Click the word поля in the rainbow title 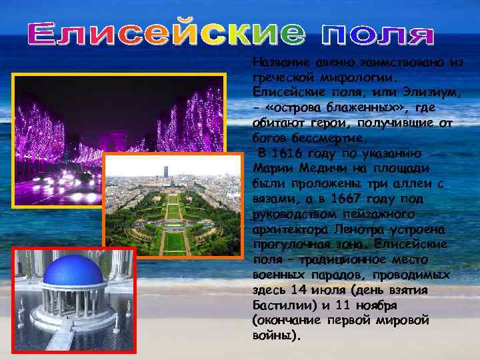(378, 35)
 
